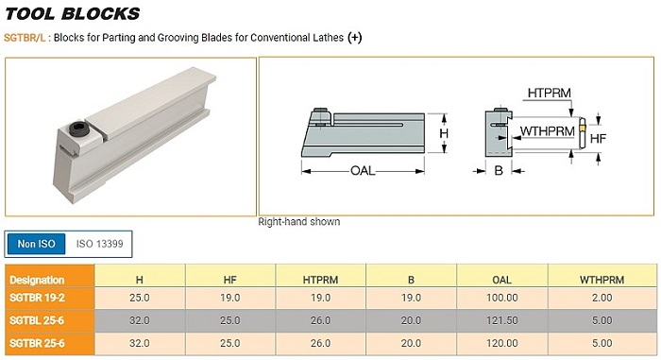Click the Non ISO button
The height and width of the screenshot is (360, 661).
[36, 244]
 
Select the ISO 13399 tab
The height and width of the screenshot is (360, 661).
[99, 244]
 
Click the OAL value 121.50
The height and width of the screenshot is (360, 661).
[501, 320]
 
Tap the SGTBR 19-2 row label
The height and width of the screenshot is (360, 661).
[37, 298]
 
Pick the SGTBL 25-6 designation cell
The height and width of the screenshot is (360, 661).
[37, 320]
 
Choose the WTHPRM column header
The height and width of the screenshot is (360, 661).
[602, 280]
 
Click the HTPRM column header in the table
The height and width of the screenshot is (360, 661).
[320, 280]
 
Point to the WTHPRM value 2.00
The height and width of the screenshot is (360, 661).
[602, 298]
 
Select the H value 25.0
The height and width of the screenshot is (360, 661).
[140, 298]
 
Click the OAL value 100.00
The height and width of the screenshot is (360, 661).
[501, 298]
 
